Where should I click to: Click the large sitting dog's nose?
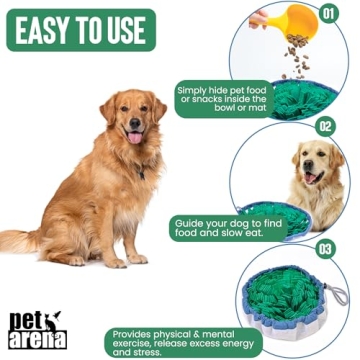click(x=134, y=118)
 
